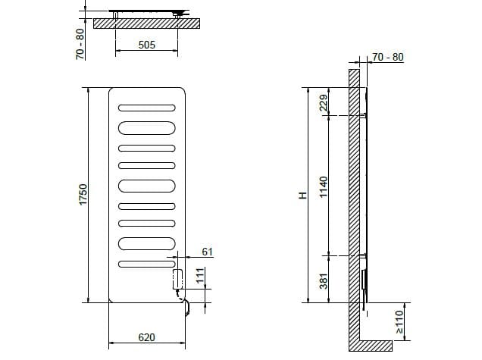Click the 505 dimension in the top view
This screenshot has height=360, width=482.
click(147, 45)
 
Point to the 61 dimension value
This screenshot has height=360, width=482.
click(207, 251)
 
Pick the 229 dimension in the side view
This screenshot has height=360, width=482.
click(324, 102)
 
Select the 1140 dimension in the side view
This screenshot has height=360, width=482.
click(324, 185)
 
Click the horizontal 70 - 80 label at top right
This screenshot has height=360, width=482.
click(388, 57)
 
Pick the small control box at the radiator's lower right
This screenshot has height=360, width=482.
click(178, 277)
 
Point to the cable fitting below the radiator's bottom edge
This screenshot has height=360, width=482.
click(185, 307)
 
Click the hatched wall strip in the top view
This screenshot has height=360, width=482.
click(147, 24)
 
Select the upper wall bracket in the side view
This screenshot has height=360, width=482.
click(365, 116)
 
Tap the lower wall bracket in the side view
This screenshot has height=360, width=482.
click(365, 255)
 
